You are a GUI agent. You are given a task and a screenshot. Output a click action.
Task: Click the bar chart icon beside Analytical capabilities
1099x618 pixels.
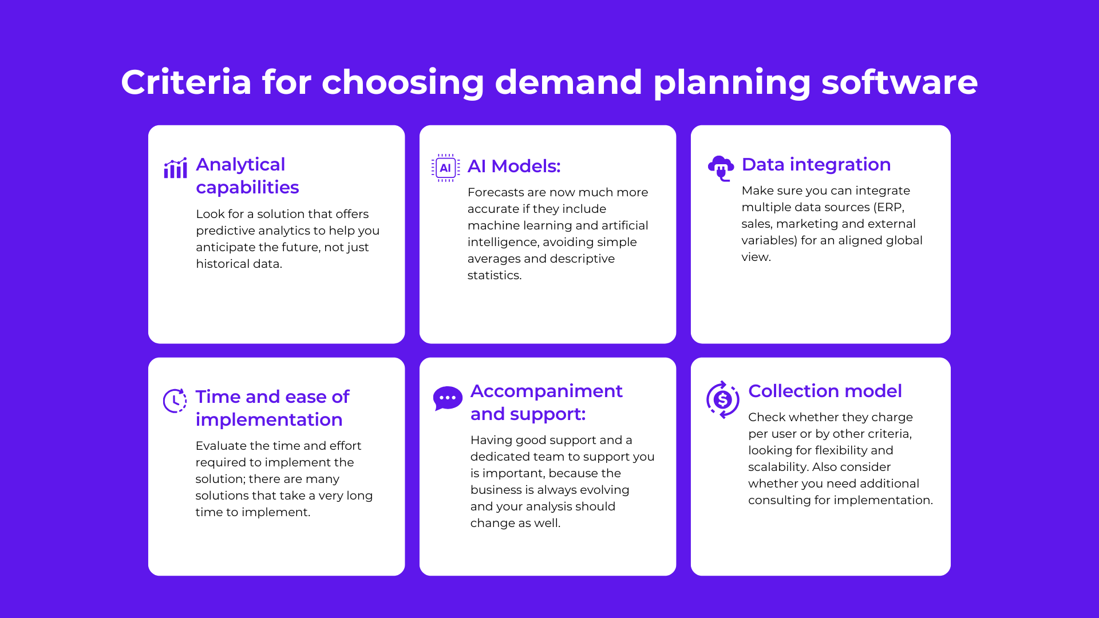point(175,168)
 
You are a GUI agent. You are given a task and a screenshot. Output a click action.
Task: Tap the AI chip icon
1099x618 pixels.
point(445,168)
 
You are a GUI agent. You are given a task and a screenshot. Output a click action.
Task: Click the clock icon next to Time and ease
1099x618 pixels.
point(175,401)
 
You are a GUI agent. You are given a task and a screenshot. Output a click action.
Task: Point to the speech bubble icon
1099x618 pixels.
point(448,398)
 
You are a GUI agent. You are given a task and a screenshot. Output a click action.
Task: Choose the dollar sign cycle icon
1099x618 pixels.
point(722,400)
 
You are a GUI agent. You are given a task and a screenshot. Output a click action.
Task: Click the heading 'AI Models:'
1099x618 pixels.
point(514,166)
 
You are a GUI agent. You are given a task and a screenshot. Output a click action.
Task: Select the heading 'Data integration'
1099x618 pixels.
point(816,164)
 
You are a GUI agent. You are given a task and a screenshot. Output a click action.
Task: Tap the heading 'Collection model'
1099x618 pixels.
point(825,391)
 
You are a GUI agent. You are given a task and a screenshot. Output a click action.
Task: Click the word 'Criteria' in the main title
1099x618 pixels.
point(186,82)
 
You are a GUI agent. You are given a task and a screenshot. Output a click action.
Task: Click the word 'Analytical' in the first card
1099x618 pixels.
point(240,164)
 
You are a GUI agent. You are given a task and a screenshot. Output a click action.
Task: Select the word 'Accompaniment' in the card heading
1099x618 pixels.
point(546,391)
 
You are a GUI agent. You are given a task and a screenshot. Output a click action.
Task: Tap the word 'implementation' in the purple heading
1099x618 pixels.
point(269,419)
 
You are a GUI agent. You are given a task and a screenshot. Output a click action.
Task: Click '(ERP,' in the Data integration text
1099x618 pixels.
point(889,207)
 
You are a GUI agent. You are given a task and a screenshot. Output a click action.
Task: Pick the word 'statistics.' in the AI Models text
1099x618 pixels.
point(495,275)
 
